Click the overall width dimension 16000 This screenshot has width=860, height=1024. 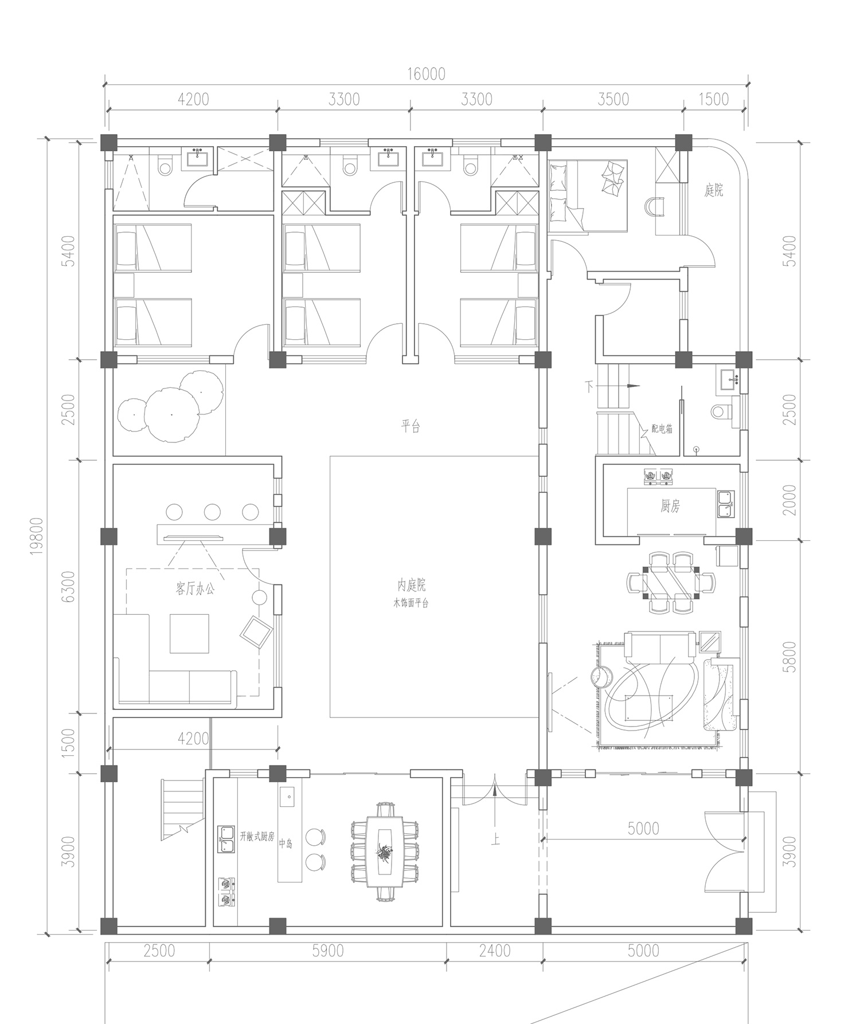point(426,74)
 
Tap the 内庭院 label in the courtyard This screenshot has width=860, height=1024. point(412,585)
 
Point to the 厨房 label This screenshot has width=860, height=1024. point(670,506)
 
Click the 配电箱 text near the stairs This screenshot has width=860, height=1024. point(662,429)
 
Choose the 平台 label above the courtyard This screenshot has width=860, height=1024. point(411,426)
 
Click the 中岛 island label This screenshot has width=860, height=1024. point(286,843)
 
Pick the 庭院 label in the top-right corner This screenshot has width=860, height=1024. point(714,190)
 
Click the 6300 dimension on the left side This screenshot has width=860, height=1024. point(69,586)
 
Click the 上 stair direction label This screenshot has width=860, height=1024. point(496,840)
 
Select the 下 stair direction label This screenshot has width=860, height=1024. point(588,385)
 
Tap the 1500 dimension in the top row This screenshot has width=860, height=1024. point(713,99)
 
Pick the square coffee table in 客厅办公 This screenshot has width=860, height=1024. point(189,633)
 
